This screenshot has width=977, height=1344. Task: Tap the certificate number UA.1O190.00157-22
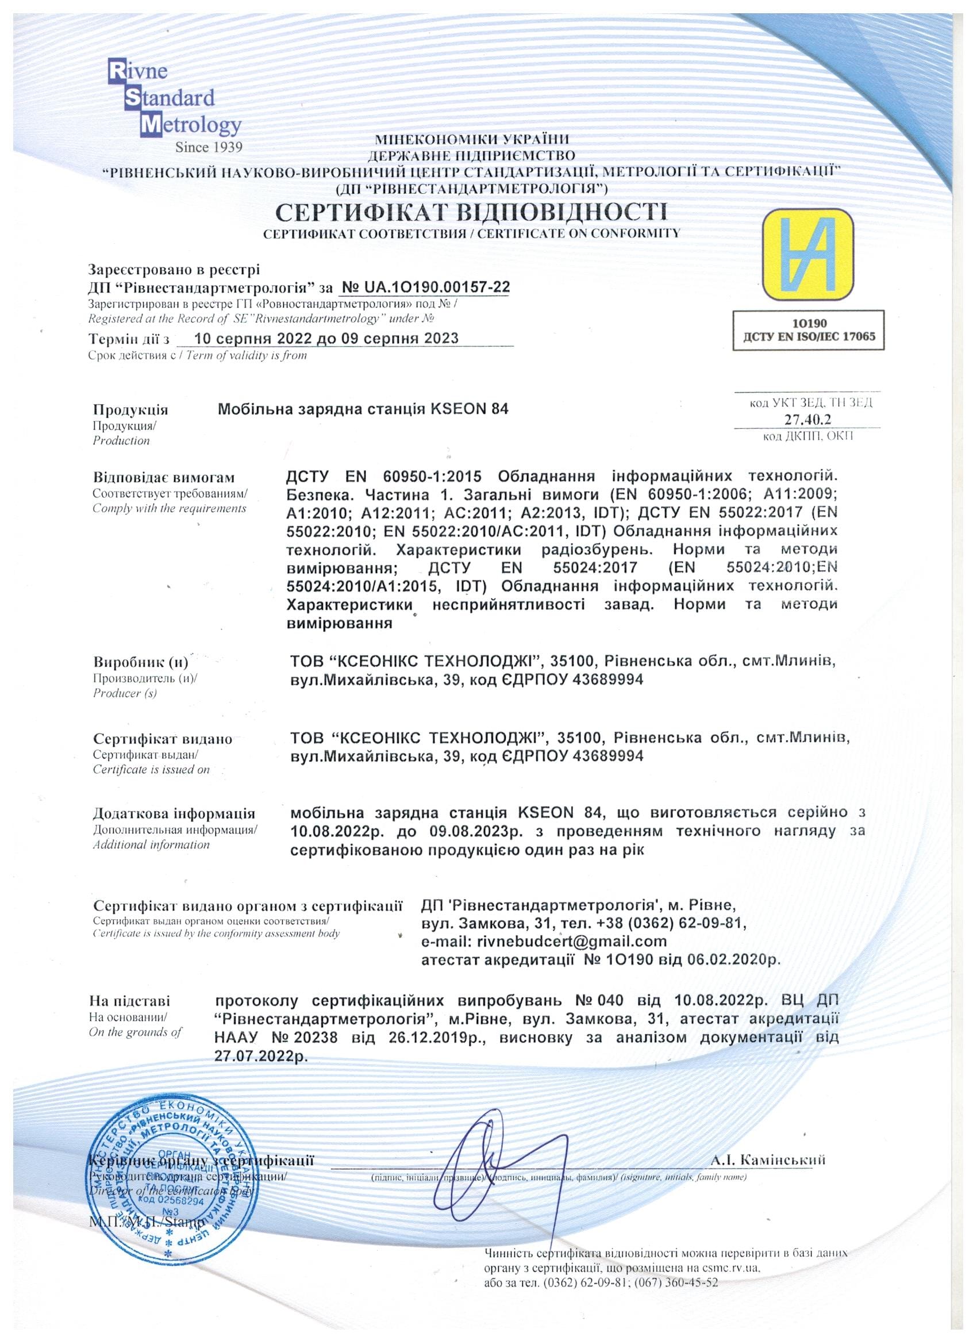point(425,287)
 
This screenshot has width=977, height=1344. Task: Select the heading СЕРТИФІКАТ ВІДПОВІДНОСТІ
point(472,212)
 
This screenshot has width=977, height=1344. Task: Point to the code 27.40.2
point(808,420)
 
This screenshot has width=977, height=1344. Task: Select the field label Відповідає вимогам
point(164,478)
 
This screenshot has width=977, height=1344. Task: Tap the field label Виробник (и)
point(140,663)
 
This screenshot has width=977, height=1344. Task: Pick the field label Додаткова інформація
point(174,813)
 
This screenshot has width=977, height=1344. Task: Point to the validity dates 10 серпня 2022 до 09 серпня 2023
point(326,339)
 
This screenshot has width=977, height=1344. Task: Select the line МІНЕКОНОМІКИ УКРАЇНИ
point(472,140)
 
